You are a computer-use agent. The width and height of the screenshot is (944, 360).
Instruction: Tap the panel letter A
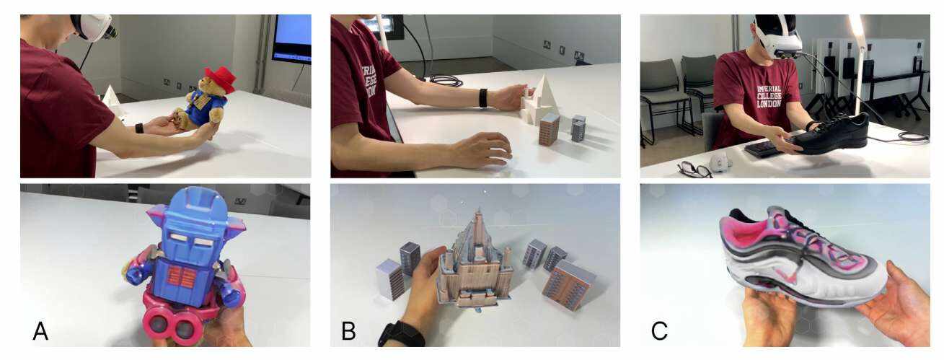coord(40,331)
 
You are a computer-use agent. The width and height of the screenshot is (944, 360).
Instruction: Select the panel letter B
coord(348,331)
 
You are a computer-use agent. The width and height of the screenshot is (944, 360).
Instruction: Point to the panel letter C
coord(659,331)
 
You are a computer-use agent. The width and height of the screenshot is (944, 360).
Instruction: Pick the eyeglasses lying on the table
coord(694,170)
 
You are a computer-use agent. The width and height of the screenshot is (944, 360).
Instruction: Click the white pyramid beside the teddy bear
coord(110,100)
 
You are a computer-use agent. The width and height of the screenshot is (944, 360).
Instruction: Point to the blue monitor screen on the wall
coord(293,36)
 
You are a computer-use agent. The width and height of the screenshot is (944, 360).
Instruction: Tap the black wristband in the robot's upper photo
coord(139,128)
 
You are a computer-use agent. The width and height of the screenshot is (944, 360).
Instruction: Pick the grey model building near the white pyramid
coord(578,128)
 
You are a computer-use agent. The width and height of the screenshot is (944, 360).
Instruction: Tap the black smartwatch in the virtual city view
coord(401,333)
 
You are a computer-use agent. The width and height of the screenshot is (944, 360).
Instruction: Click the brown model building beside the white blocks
coord(549,129)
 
